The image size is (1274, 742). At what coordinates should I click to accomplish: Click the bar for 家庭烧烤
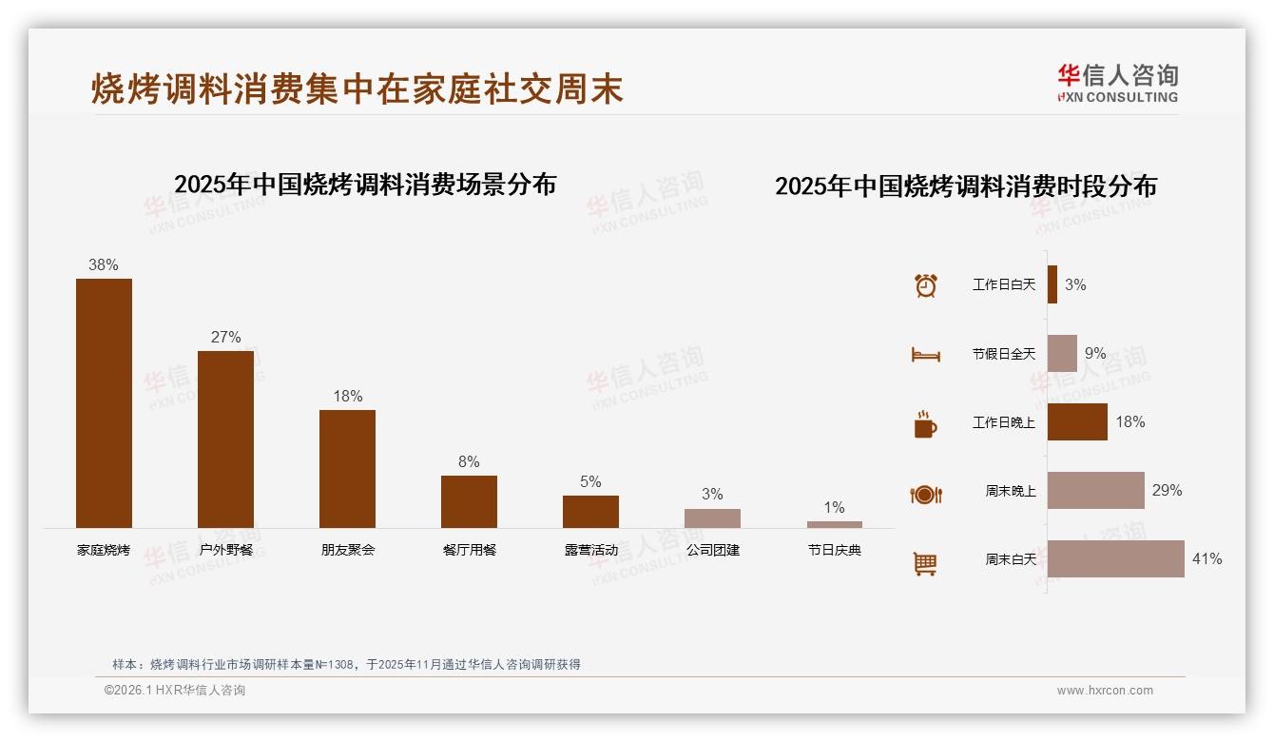104,403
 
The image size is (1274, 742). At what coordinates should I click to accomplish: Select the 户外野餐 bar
225,439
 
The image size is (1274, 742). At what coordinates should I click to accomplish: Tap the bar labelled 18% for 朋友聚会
347,468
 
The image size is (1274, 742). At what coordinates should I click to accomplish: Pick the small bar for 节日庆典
834,524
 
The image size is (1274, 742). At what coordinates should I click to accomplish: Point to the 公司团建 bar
712,518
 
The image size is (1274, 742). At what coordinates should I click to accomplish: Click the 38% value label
104,265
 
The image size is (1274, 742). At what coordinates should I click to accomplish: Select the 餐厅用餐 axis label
469,550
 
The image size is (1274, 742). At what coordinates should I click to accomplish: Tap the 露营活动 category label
590,550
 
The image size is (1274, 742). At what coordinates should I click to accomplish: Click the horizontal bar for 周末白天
1116,559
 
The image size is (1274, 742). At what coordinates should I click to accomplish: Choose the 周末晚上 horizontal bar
1096,491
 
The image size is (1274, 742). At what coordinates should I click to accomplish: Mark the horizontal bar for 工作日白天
1052,284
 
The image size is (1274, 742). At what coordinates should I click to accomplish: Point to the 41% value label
1206,559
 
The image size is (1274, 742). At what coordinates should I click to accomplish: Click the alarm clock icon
925,285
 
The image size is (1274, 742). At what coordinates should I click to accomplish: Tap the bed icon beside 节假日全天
925,355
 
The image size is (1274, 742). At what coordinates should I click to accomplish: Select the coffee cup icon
925,424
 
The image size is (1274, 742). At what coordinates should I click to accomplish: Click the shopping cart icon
925,563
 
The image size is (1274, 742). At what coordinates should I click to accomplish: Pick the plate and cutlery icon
925,494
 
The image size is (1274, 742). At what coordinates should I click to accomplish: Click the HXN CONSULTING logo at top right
1118,84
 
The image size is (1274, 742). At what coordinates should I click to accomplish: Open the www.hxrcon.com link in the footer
1105,691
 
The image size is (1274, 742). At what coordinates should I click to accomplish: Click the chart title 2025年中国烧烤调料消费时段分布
965,186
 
